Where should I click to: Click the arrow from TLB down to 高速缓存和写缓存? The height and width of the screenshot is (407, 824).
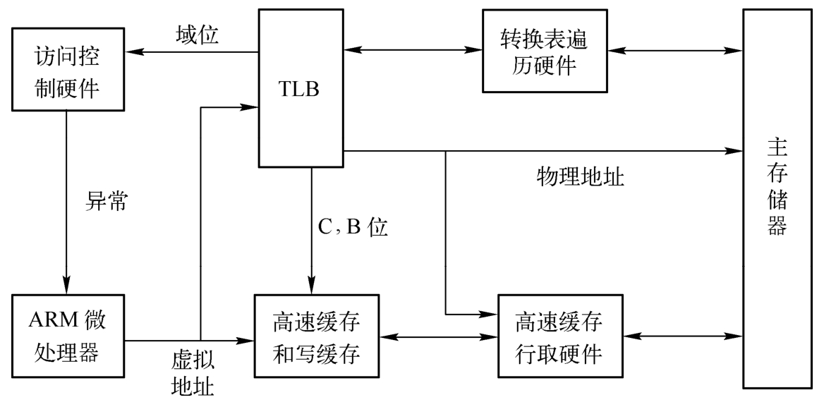tap(311, 226)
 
